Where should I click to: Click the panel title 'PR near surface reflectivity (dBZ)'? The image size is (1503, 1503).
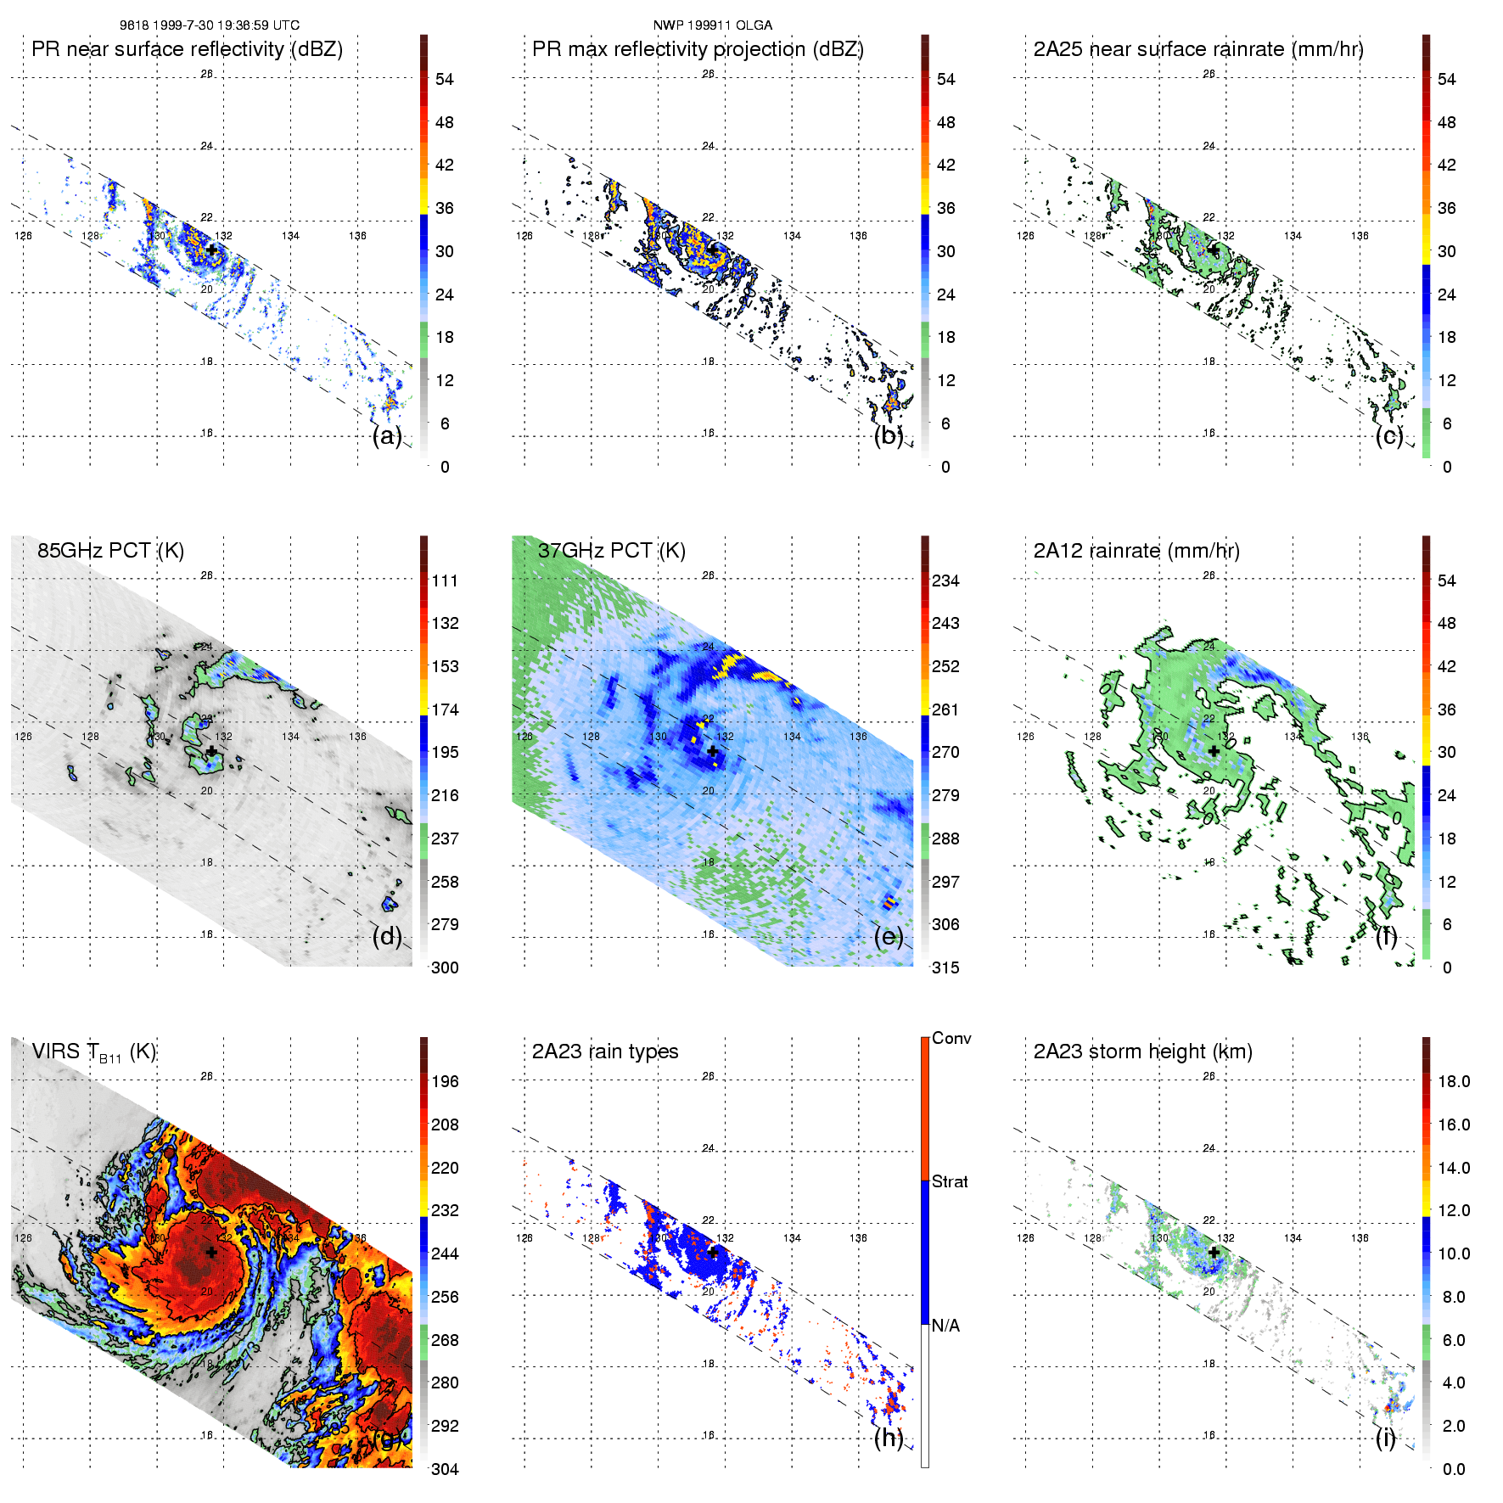click(187, 49)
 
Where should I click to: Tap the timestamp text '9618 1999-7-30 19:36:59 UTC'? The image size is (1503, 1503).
click(209, 25)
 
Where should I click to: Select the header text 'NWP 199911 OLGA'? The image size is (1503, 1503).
click(712, 25)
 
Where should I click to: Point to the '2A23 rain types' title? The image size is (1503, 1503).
click(605, 1052)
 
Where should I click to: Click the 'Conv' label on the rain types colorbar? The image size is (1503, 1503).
click(951, 1038)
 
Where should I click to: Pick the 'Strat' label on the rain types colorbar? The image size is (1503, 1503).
click(950, 1181)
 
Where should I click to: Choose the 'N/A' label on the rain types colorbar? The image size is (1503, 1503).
click(945, 1326)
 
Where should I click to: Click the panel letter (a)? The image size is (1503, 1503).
click(387, 435)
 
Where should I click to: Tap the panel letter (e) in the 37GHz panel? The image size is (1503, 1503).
click(889, 936)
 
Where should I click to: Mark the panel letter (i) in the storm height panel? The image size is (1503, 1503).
click(1385, 1438)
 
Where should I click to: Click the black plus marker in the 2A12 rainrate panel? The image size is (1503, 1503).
click(1214, 751)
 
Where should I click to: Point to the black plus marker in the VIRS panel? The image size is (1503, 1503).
click(211, 1252)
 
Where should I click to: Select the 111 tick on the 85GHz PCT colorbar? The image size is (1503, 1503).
click(445, 580)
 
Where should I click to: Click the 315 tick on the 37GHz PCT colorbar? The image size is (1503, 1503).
click(945, 967)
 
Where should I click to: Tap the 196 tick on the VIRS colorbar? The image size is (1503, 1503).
click(445, 1081)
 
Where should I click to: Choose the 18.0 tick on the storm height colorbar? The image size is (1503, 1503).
click(1454, 1081)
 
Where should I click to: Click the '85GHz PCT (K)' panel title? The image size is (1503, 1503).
click(110, 550)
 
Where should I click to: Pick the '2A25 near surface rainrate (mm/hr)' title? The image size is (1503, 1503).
click(1198, 49)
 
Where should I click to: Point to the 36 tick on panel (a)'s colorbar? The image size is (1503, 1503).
click(445, 208)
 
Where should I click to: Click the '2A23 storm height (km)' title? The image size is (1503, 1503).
click(1142, 1052)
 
